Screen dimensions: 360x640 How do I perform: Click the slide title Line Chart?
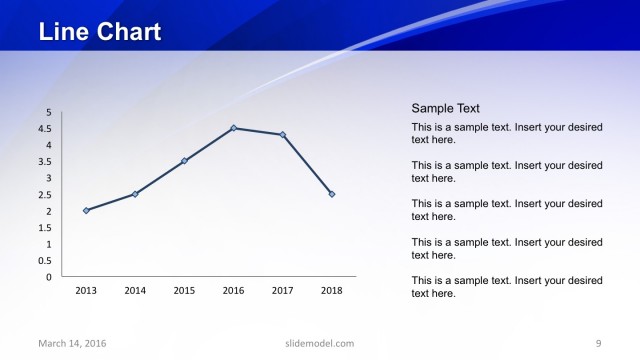point(100,32)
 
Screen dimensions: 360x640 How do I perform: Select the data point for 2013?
point(86,210)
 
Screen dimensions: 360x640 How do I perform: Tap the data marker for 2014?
point(135,194)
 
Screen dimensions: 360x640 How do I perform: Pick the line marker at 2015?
point(184,161)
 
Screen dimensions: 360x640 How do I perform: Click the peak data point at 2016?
point(234,128)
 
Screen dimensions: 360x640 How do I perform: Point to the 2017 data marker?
point(283,135)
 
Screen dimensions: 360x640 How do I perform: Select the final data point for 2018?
point(332,194)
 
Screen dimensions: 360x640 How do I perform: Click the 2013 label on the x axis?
point(86,291)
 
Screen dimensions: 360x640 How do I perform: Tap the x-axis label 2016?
point(234,291)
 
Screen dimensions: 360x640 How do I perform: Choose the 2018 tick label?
point(332,291)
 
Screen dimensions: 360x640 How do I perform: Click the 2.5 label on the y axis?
point(46,194)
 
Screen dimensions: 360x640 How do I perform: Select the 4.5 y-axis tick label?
point(46,128)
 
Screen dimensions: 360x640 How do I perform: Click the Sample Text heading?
point(446,108)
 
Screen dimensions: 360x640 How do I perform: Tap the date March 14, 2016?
point(72,344)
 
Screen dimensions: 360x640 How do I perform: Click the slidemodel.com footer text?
point(313,344)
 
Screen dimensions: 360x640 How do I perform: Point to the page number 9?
point(598,344)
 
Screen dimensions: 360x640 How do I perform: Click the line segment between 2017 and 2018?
point(308,165)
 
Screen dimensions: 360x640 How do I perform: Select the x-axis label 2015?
point(184,291)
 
